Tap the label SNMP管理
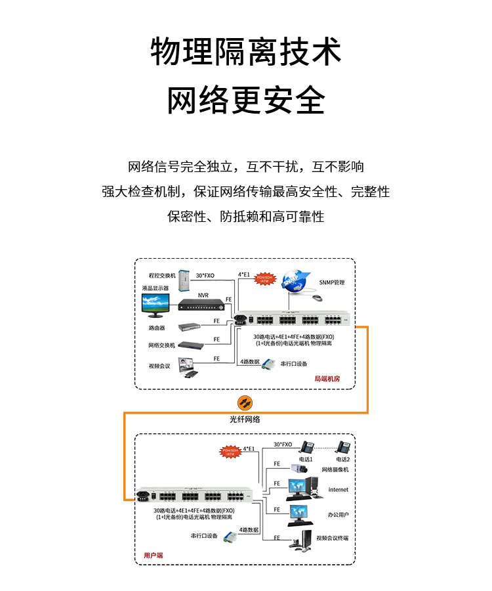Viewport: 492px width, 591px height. pos(331,282)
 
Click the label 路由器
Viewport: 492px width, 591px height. pos(157,327)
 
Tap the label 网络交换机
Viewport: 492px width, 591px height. pos(161,345)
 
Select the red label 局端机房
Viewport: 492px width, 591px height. pos(327,379)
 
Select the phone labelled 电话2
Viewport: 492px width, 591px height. pos(344,447)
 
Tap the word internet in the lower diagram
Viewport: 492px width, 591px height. pos(338,489)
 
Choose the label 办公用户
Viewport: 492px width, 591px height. pos(338,515)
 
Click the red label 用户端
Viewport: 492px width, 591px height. pos(153,556)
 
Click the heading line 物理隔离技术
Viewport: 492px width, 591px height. pos(246,52)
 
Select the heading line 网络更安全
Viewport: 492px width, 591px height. pos(246,100)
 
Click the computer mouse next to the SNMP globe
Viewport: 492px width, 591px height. pos(318,298)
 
